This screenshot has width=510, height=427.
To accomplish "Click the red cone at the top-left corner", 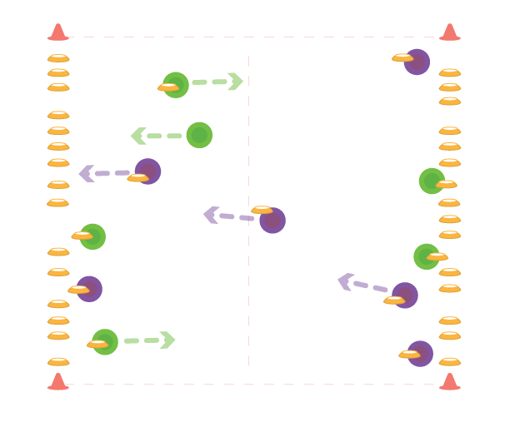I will coord(57,32).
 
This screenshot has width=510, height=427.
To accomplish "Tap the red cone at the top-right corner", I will coord(450,32).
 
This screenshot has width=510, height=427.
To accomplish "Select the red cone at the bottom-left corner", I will coord(57,381).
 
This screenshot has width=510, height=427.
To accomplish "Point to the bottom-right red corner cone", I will coord(450,381).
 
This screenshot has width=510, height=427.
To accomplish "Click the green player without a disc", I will coord(199,135).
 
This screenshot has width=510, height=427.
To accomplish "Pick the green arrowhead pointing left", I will coord(138,136).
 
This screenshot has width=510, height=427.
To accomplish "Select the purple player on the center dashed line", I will coord(272,221).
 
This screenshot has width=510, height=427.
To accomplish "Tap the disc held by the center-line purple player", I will coord(262,210).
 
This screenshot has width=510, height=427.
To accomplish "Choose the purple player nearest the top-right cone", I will coord(417,62).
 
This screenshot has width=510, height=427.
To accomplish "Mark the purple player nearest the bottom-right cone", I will coord(420,354).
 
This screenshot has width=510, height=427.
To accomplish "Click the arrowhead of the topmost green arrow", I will coord(236,82).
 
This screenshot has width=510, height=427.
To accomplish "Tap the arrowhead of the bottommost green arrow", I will coord(167,340).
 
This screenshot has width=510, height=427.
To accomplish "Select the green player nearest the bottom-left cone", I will coord(105,342).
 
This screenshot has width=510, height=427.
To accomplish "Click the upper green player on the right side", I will coord(432,181).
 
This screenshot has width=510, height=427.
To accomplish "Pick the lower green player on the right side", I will coord(427,256).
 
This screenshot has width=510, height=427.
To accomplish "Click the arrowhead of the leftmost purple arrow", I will coord(86,173).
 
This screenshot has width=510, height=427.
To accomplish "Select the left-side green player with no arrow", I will coord(92,236).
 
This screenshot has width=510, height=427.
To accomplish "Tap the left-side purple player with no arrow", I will coord(89,289).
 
